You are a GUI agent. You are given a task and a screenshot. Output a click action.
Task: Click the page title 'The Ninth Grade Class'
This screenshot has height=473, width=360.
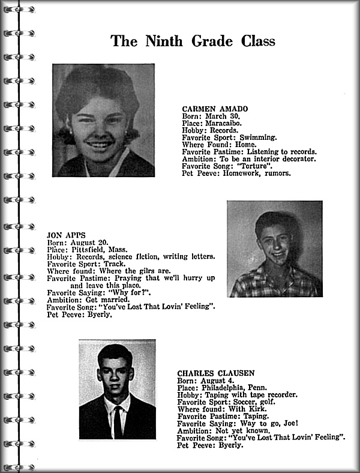coord(193,41)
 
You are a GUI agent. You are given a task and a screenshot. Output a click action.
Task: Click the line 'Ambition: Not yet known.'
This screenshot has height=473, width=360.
coord(221,430)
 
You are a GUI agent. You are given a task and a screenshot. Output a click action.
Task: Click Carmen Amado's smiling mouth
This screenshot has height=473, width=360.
coord(100,144)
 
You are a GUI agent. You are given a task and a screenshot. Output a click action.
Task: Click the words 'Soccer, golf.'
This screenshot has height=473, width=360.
coord(248,402)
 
